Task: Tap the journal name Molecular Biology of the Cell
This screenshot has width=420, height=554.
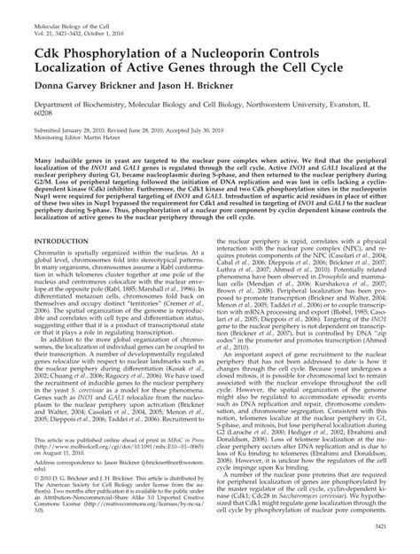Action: [x=59, y=10]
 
